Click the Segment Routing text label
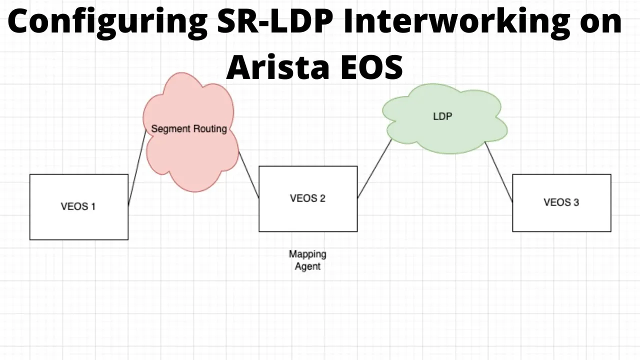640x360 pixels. [189, 129]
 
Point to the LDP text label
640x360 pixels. [442, 116]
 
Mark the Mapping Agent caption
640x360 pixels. [307, 260]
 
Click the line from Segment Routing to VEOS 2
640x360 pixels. [249, 175]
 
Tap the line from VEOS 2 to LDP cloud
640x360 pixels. [374, 168]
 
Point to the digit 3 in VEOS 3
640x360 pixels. [576, 202]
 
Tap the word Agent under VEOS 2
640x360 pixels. [307, 266]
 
